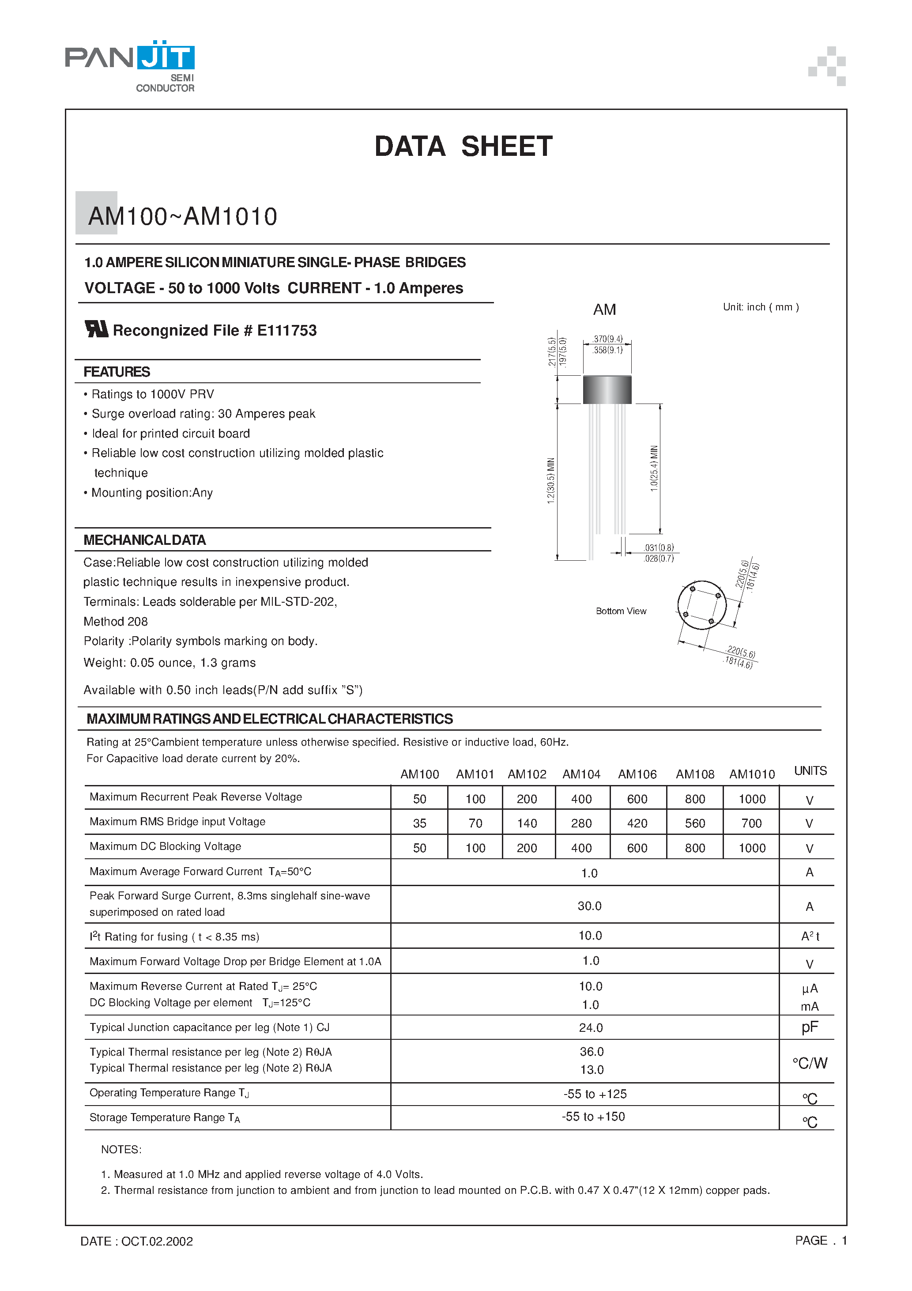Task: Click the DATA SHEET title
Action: click(464, 147)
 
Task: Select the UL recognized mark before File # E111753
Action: click(96, 329)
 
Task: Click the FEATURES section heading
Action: click(117, 372)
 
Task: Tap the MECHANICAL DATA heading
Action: click(144, 540)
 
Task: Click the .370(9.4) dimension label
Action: click(607, 339)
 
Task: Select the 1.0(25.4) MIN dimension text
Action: click(654, 468)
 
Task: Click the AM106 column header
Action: click(637, 774)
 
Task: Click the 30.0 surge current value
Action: click(589, 906)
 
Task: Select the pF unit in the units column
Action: click(810, 1027)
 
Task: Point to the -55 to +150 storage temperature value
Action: click(593, 1117)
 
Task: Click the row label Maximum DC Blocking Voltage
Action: click(165, 846)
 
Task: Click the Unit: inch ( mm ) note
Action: click(760, 307)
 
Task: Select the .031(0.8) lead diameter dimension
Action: click(659, 547)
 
